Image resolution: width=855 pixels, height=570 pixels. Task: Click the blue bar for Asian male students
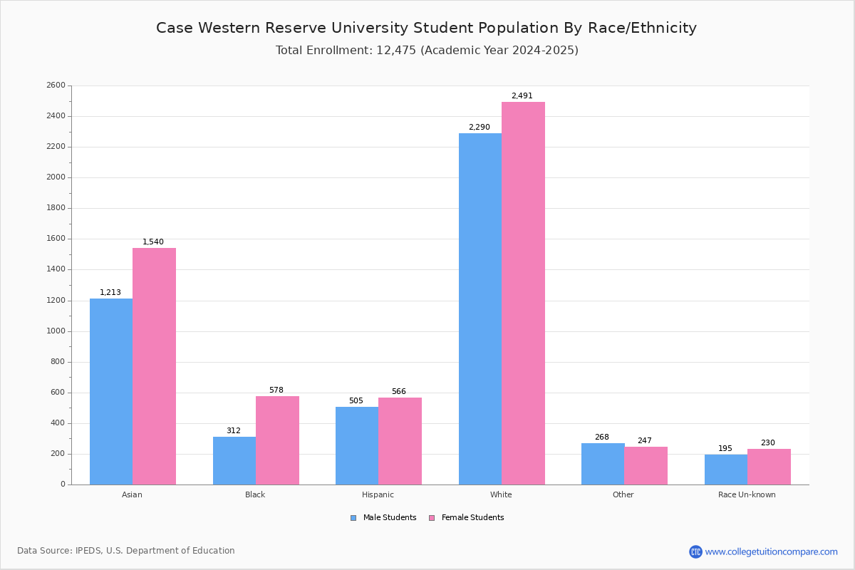pyautogui.click(x=111, y=392)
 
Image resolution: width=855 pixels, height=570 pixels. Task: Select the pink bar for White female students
pyautogui.click(x=523, y=294)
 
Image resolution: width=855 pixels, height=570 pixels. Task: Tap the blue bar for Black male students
pyautogui.click(x=234, y=461)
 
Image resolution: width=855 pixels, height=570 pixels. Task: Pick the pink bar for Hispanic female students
pyautogui.click(x=400, y=441)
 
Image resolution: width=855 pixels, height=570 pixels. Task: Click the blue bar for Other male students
pyautogui.click(x=603, y=464)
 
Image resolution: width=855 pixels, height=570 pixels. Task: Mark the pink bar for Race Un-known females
pyautogui.click(x=769, y=467)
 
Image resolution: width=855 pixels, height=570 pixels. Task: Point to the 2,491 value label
pyautogui.click(x=522, y=95)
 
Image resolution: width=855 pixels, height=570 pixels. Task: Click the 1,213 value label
pyautogui.click(x=110, y=292)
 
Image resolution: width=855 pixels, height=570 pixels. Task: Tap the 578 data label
pyautogui.click(x=276, y=390)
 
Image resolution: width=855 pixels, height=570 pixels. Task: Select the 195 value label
pyautogui.click(x=725, y=448)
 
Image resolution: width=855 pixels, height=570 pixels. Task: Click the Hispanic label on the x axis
pyautogui.click(x=378, y=494)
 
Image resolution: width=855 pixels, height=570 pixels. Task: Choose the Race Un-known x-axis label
pyautogui.click(x=747, y=494)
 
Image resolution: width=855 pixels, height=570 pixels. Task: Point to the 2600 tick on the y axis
pyautogui.click(x=56, y=85)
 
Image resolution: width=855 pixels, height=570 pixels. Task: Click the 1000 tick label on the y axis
pyautogui.click(x=56, y=331)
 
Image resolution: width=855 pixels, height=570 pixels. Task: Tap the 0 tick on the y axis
pyautogui.click(x=63, y=484)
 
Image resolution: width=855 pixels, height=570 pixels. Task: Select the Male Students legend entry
pyautogui.click(x=383, y=517)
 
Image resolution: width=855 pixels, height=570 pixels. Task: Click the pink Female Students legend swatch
pyautogui.click(x=432, y=518)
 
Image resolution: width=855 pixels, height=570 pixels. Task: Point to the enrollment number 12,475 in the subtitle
pyautogui.click(x=396, y=50)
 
